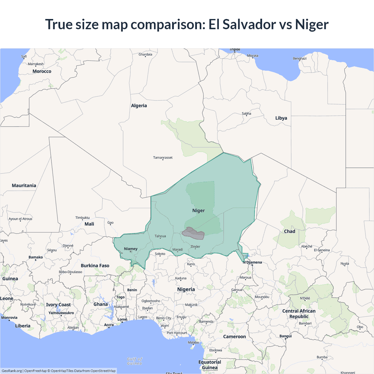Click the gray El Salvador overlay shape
[x=193, y=233]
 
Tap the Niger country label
[x=198, y=211]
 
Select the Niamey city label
[x=131, y=249]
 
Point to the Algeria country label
[x=139, y=106]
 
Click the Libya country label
[x=281, y=118]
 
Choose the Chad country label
[x=290, y=231]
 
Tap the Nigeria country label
[x=186, y=289]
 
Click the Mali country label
[x=89, y=224]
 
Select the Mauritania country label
[x=24, y=186]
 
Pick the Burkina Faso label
[x=95, y=266]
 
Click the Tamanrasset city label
[x=163, y=157]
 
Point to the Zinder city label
[x=195, y=247]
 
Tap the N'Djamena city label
[x=252, y=262]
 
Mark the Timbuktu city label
[x=82, y=218]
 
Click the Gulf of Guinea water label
[x=134, y=361]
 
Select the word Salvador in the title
[x=249, y=24]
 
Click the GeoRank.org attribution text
[x=12, y=371]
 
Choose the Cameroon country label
[x=234, y=337]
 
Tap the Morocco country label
[x=42, y=71]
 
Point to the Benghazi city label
[x=299, y=58]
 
